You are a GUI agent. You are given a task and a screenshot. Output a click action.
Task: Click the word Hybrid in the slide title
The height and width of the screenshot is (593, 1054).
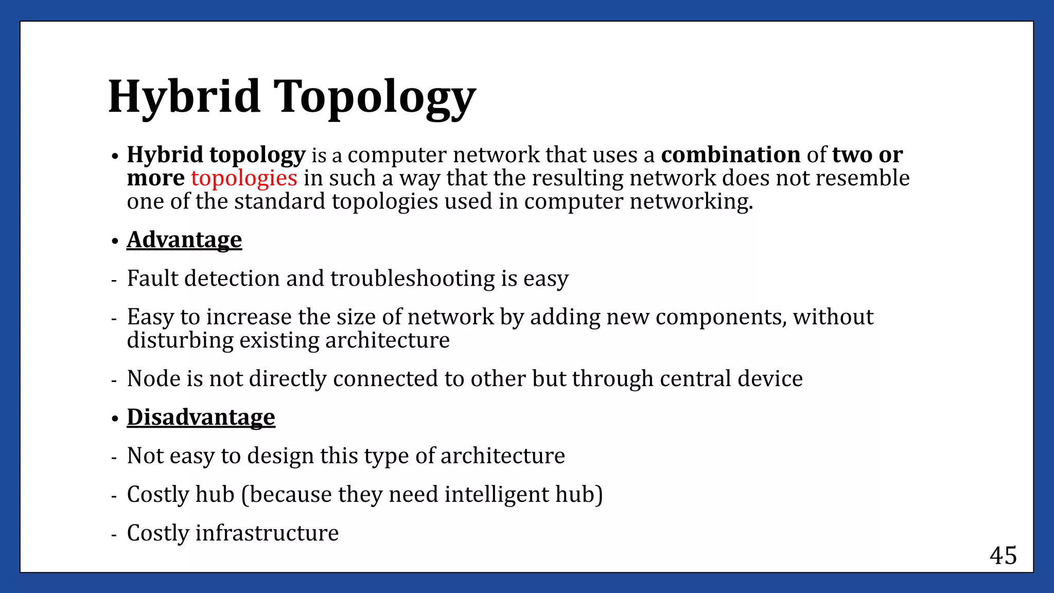coord(184,96)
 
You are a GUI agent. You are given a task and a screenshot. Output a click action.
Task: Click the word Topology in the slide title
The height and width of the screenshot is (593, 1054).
coord(374,98)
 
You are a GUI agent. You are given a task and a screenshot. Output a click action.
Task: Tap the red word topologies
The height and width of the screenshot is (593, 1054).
coord(244,178)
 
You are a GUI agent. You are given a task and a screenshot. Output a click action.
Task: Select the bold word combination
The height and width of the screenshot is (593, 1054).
coord(730,155)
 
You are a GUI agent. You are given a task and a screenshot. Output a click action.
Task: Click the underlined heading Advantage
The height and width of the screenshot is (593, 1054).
coord(184,240)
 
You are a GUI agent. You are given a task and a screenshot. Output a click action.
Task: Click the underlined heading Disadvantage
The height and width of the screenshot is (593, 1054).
coord(201,417)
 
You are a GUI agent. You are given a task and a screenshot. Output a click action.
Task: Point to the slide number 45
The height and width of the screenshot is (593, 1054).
coord(1003,556)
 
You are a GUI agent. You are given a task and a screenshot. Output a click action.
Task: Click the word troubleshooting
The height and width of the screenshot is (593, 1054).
coord(412,278)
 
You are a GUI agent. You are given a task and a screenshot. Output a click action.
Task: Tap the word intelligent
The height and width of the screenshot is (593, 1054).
coord(497,495)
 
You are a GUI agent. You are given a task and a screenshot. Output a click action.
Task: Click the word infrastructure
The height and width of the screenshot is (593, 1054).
coord(267,533)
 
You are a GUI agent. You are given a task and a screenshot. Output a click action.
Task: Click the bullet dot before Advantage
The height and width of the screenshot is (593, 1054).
coord(115,241)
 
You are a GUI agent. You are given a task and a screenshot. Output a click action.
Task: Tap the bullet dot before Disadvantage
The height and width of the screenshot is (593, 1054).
coord(115,419)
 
